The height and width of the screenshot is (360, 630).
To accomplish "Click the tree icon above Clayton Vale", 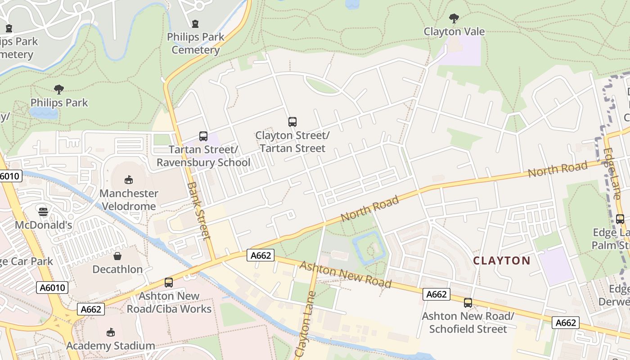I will coord(454,18).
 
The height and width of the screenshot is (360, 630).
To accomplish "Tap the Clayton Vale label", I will coord(454,31).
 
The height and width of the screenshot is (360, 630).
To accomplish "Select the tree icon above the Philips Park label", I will coord(58,89).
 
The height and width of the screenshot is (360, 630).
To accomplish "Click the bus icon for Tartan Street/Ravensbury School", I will coord(203,136).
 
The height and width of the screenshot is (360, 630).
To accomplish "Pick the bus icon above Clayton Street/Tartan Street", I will coord(292,121).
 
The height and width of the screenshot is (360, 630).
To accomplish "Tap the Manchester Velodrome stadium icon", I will coord(129,180).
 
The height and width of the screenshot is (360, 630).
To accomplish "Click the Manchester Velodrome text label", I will coord(129,200).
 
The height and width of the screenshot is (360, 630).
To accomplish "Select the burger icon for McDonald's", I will coord(43,211).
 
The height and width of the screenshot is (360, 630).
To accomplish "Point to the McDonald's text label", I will coord(43,225).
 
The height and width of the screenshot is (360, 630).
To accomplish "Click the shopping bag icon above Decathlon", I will coord(117,256).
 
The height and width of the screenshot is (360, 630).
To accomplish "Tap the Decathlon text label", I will coord(117,269).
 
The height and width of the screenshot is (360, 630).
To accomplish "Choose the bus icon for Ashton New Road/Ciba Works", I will coord(169,283).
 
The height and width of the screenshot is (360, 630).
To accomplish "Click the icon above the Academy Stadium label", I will coord(111,333).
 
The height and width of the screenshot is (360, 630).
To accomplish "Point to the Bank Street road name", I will coord(199,210).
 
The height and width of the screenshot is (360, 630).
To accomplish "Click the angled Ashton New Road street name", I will coord(345,274).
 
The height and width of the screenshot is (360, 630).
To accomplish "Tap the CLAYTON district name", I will coord(502,261).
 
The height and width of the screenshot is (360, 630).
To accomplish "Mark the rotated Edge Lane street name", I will coord(612,174).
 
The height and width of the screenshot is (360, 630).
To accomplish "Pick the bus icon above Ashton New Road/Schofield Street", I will coord(468,303).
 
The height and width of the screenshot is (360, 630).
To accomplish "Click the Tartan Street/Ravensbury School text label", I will coord(203,156).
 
